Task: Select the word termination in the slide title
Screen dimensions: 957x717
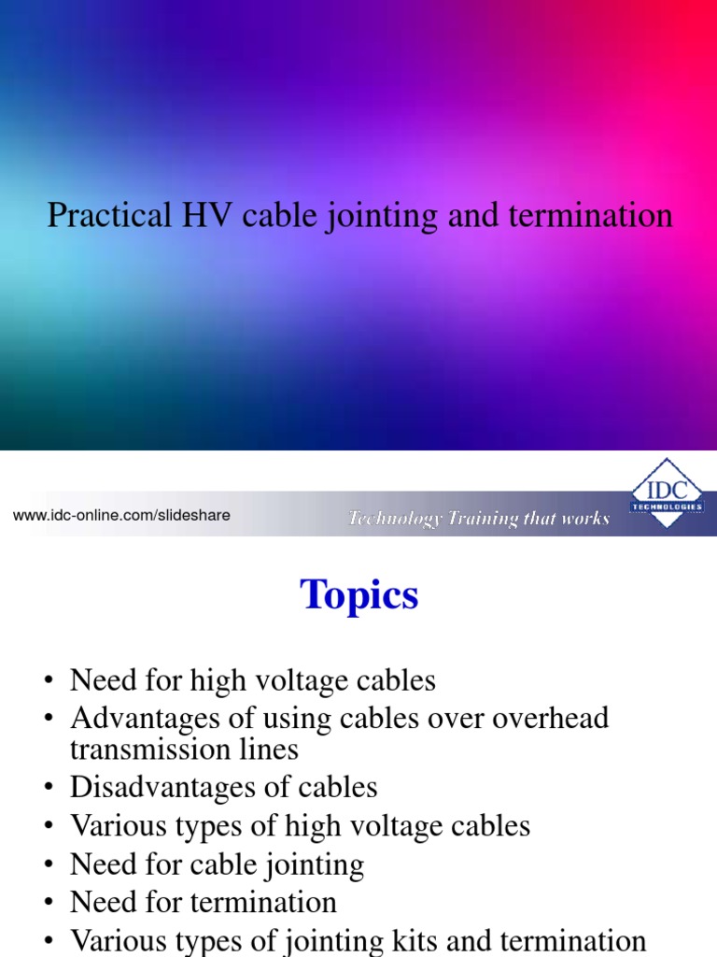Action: (591, 216)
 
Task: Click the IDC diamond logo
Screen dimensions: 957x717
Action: (667, 493)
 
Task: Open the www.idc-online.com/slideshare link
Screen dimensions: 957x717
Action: (121, 515)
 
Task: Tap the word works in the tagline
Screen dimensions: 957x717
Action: (585, 519)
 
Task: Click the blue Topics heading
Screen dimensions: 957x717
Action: (359, 595)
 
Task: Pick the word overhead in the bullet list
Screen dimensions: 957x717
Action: (551, 719)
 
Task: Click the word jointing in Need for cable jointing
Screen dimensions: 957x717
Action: (314, 865)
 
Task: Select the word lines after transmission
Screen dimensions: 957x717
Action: (270, 749)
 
